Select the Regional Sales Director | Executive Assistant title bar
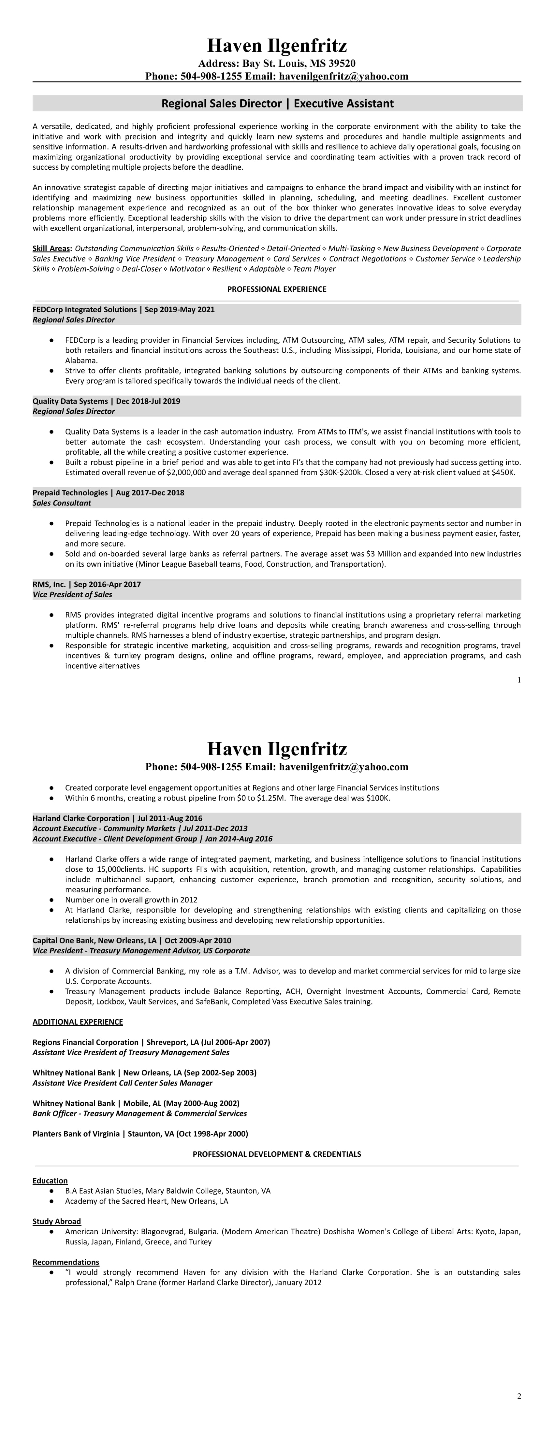277,104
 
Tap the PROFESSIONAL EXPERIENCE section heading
277,289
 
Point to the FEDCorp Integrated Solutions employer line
124,309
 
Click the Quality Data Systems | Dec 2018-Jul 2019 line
106,401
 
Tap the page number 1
519,680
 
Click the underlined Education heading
50,1181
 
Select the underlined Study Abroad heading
57,1221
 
